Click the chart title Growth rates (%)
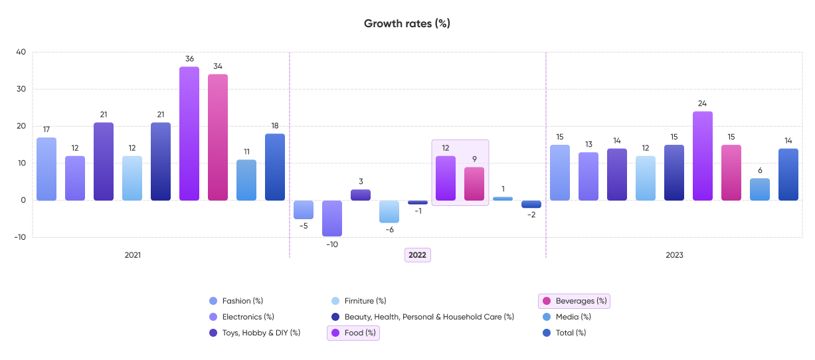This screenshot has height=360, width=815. (407, 23)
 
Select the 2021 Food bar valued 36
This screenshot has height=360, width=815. (189, 133)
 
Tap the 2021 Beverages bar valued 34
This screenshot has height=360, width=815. (218, 137)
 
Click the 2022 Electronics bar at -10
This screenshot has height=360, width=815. (332, 218)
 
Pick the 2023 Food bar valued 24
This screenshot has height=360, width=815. (703, 155)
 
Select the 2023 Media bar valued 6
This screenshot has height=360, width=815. (760, 189)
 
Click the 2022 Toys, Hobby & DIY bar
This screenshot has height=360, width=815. (361, 195)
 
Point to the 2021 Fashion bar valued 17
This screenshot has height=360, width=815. (46, 169)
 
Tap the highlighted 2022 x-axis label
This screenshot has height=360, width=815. (418, 255)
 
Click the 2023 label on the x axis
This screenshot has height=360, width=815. (674, 255)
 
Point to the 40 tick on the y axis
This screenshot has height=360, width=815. (21, 52)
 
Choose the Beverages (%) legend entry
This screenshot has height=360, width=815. (575, 301)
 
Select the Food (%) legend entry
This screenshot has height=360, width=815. (354, 333)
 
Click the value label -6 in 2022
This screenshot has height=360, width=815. (389, 229)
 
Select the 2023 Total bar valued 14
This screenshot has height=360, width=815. (788, 174)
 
